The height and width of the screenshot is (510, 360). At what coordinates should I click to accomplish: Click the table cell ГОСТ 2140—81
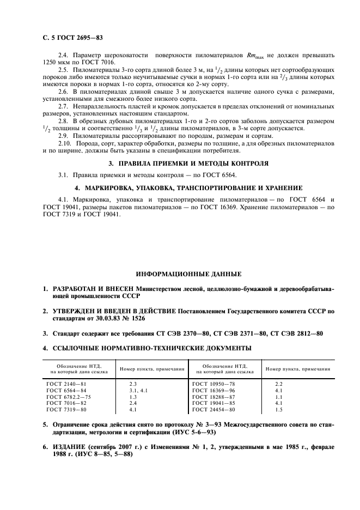point(66,384)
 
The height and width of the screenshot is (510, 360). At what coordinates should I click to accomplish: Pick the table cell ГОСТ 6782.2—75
point(69,397)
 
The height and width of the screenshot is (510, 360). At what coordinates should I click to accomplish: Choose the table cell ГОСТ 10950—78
point(213,384)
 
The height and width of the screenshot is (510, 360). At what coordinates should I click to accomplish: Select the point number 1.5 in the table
point(279,410)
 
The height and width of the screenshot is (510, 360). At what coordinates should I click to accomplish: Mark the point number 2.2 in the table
point(279,384)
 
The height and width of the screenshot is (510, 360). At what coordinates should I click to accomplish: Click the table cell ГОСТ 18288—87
point(213,397)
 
